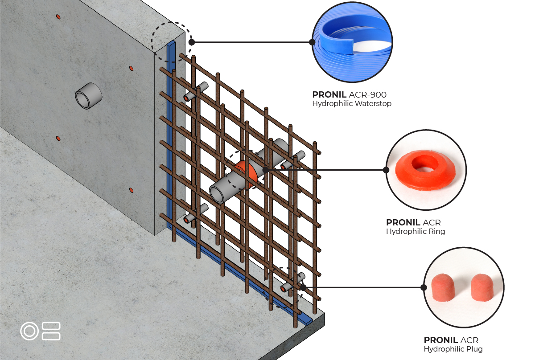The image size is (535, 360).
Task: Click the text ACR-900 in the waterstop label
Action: [x=367, y=95]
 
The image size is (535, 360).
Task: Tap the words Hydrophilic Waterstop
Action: [x=352, y=104]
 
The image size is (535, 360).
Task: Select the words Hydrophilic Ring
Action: [x=416, y=231]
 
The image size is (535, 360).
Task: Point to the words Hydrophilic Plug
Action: [x=453, y=349]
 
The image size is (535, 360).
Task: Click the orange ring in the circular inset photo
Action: [x=425, y=170]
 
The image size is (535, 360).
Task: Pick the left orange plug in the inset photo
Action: [x=443, y=287]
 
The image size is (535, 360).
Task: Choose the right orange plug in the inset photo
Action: [x=482, y=287]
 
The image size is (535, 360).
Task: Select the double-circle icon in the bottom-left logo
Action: [x=29, y=331]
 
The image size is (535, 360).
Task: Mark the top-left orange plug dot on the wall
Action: [x=58, y=17]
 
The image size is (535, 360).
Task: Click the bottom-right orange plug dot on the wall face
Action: [x=131, y=190]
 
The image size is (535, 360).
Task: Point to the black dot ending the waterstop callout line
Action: [x=192, y=42]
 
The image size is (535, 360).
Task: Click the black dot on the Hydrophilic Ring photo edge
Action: [x=386, y=170]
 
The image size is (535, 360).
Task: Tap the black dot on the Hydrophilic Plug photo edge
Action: [x=424, y=287]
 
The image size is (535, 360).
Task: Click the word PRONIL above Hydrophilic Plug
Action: [x=441, y=340]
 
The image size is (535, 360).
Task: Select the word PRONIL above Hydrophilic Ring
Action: [x=403, y=222]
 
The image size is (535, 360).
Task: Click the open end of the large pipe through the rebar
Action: [x=217, y=194]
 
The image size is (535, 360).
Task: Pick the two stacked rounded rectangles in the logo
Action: [x=51, y=331]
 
